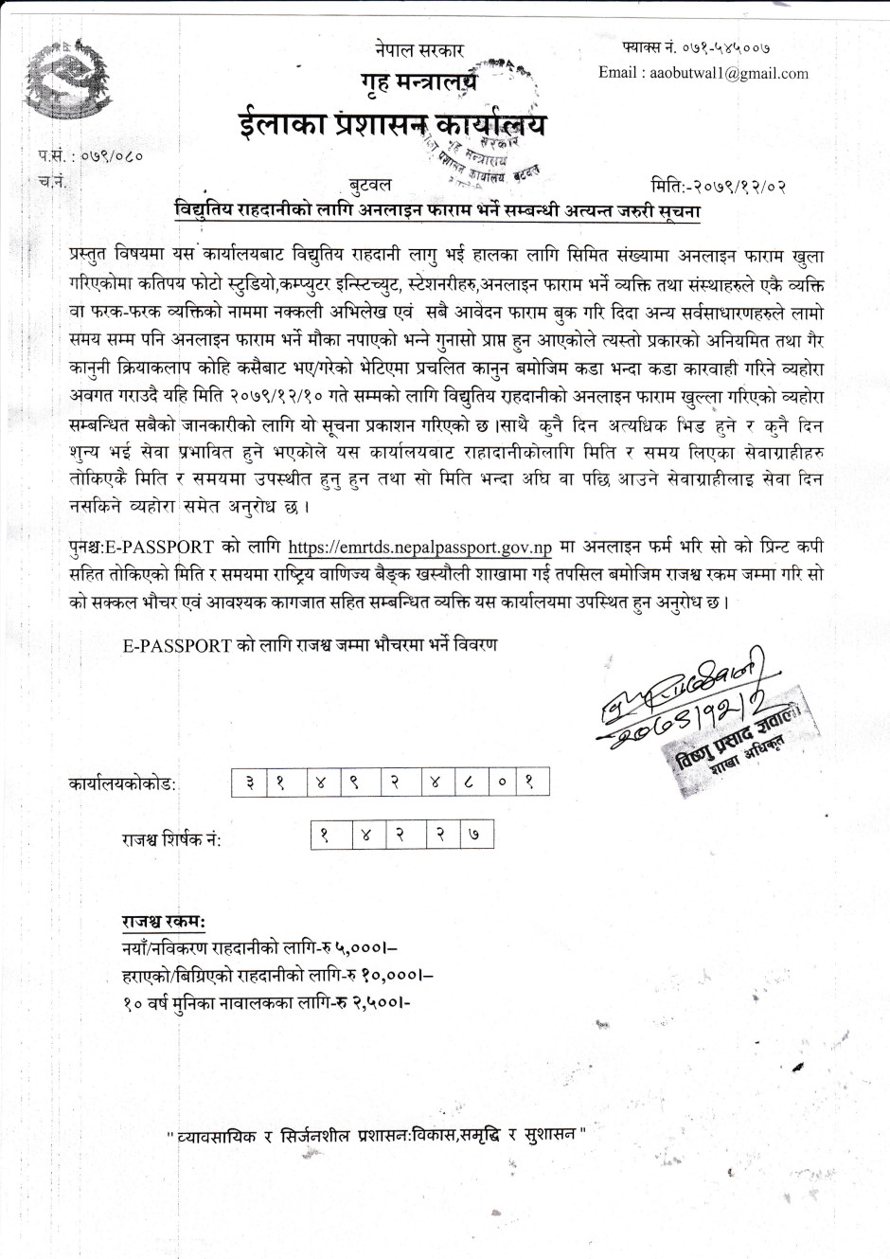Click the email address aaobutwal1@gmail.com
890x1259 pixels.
click(703, 73)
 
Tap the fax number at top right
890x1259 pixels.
click(696, 46)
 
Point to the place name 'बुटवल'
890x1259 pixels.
click(369, 184)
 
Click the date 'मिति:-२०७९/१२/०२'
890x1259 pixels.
click(719, 186)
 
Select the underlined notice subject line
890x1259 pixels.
click(437, 210)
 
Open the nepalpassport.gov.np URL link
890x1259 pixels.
click(419, 547)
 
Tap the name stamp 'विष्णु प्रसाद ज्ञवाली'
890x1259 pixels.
click(728, 741)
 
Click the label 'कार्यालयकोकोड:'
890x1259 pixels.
click(123, 784)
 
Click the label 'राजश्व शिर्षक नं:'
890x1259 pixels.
click(170, 839)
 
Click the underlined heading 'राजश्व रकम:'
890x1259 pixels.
click(163, 922)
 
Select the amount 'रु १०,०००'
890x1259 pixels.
click(389, 973)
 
